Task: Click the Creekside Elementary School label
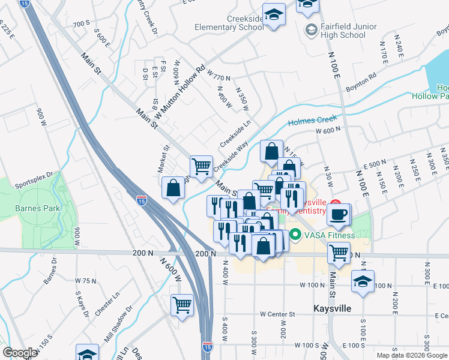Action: (x=229, y=23)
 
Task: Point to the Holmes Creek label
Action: (x=310, y=121)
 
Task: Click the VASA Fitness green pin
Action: (x=295, y=235)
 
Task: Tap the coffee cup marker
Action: (x=339, y=214)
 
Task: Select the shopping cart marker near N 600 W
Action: (x=182, y=304)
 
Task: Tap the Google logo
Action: (x=20, y=353)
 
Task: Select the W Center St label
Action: (x=278, y=314)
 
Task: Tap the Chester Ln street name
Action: (x=107, y=305)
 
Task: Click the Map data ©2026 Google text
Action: (x=411, y=355)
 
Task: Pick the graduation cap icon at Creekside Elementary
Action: (x=274, y=13)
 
